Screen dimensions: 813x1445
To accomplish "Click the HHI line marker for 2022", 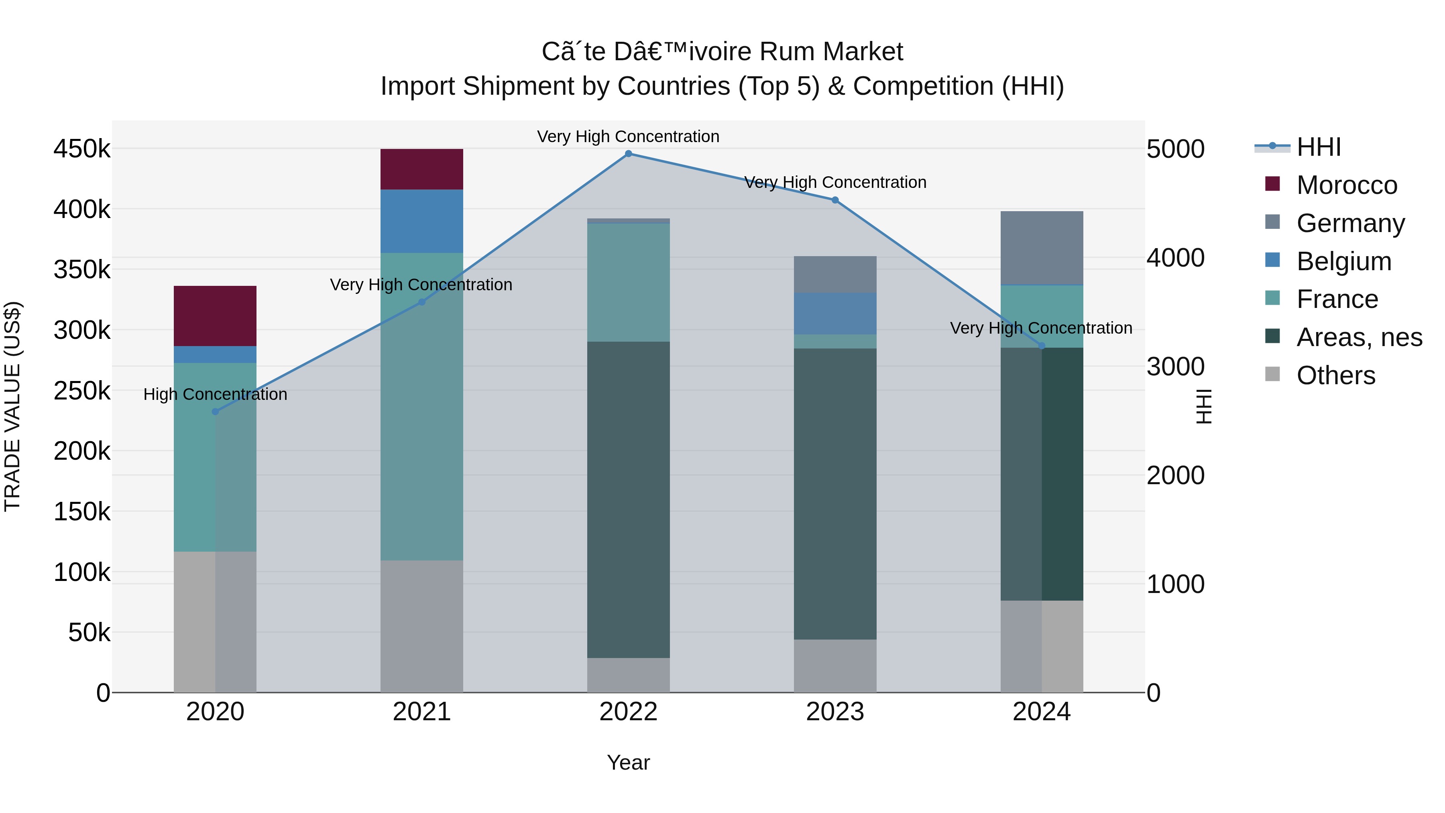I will (628, 154).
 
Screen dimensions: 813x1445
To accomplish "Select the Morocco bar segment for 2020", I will (216, 316).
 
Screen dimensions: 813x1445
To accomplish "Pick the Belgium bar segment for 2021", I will (422, 221).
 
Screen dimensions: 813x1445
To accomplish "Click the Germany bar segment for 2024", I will (1042, 248).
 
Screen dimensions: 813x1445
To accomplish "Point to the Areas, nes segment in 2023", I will (835, 494).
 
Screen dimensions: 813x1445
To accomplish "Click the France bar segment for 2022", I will (628, 283).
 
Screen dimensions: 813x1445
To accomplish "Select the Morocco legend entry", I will (1346, 185).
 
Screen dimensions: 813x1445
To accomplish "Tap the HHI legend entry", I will (1318, 147).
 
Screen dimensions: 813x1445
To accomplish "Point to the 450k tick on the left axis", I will (82, 149).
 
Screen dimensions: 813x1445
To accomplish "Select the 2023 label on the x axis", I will (835, 712).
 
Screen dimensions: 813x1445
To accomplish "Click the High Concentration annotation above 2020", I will (216, 394).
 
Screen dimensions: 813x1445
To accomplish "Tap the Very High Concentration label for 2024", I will (1041, 328).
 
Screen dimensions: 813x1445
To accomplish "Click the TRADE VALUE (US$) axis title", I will (12, 406).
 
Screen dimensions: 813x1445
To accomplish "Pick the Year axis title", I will (628, 762).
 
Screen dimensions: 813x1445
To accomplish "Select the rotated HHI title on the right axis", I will (1204, 406).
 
